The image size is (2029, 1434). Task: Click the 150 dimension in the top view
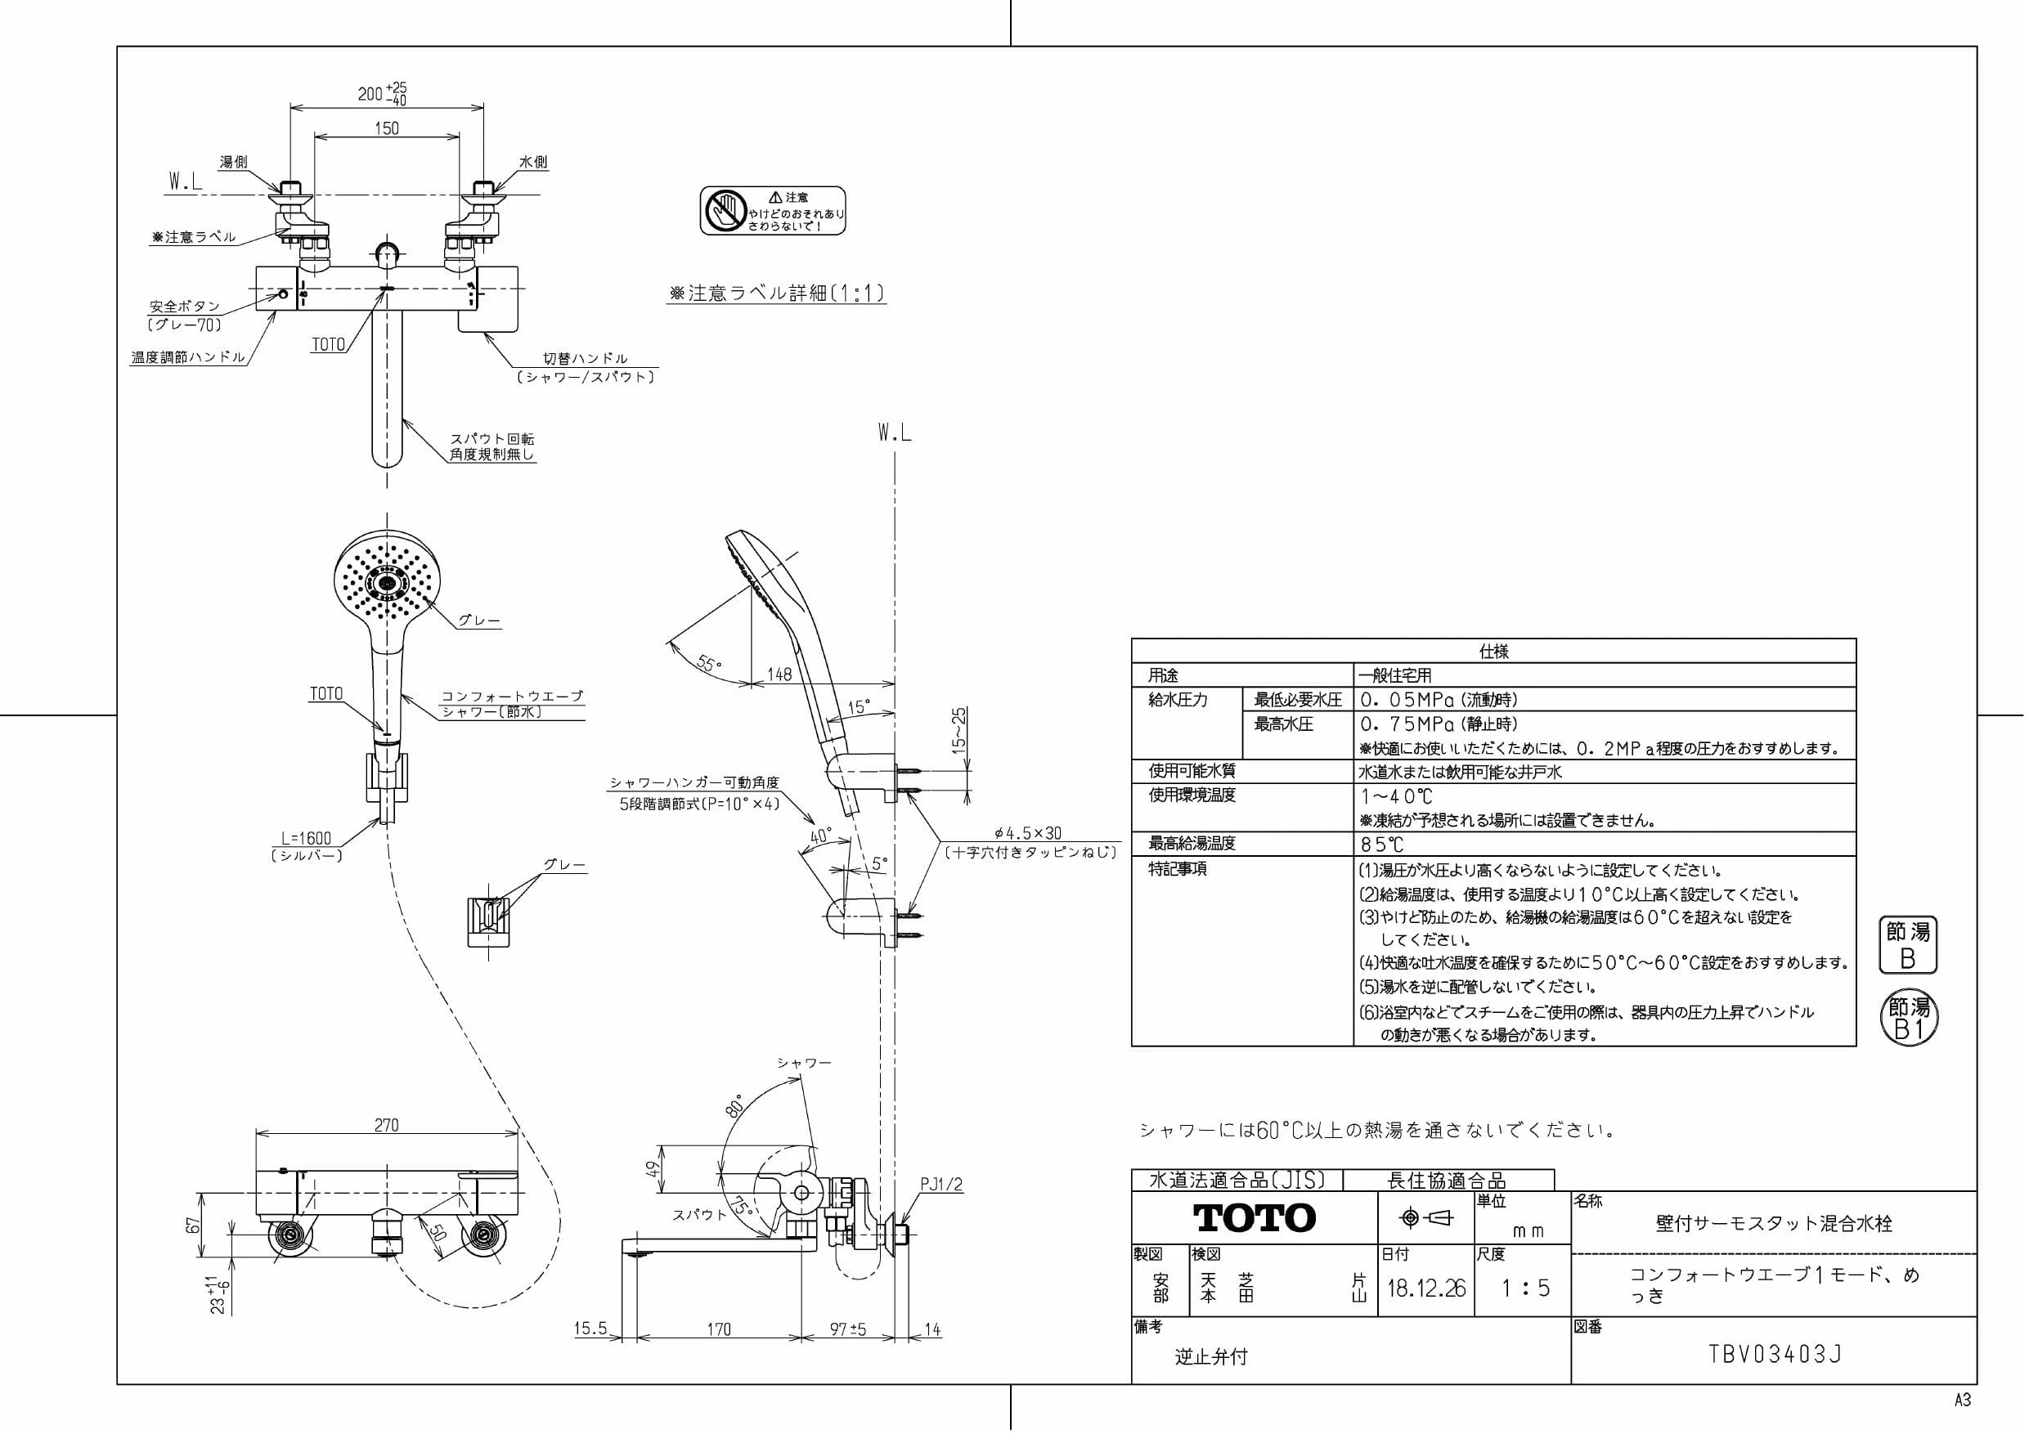[387, 128]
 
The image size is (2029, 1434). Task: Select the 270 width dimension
[386, 1125]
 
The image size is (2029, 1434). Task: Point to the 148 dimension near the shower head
[779, 674]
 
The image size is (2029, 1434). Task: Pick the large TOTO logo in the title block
[1255, 1218]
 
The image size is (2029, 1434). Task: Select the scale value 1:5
[1525, 1288]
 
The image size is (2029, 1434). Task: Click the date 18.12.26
[1426, 1288]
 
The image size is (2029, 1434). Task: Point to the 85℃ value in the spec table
[1381, 844]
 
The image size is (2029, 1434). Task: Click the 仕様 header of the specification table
[1493, 651]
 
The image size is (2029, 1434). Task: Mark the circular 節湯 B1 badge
[1909, 1019]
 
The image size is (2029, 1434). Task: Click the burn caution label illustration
[774, 210]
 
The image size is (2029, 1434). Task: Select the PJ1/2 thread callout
[941, 1185]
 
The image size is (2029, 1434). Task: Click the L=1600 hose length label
[307, 838]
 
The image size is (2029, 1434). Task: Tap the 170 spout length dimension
[719, 1329]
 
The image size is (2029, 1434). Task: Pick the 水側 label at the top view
[533, 162]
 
